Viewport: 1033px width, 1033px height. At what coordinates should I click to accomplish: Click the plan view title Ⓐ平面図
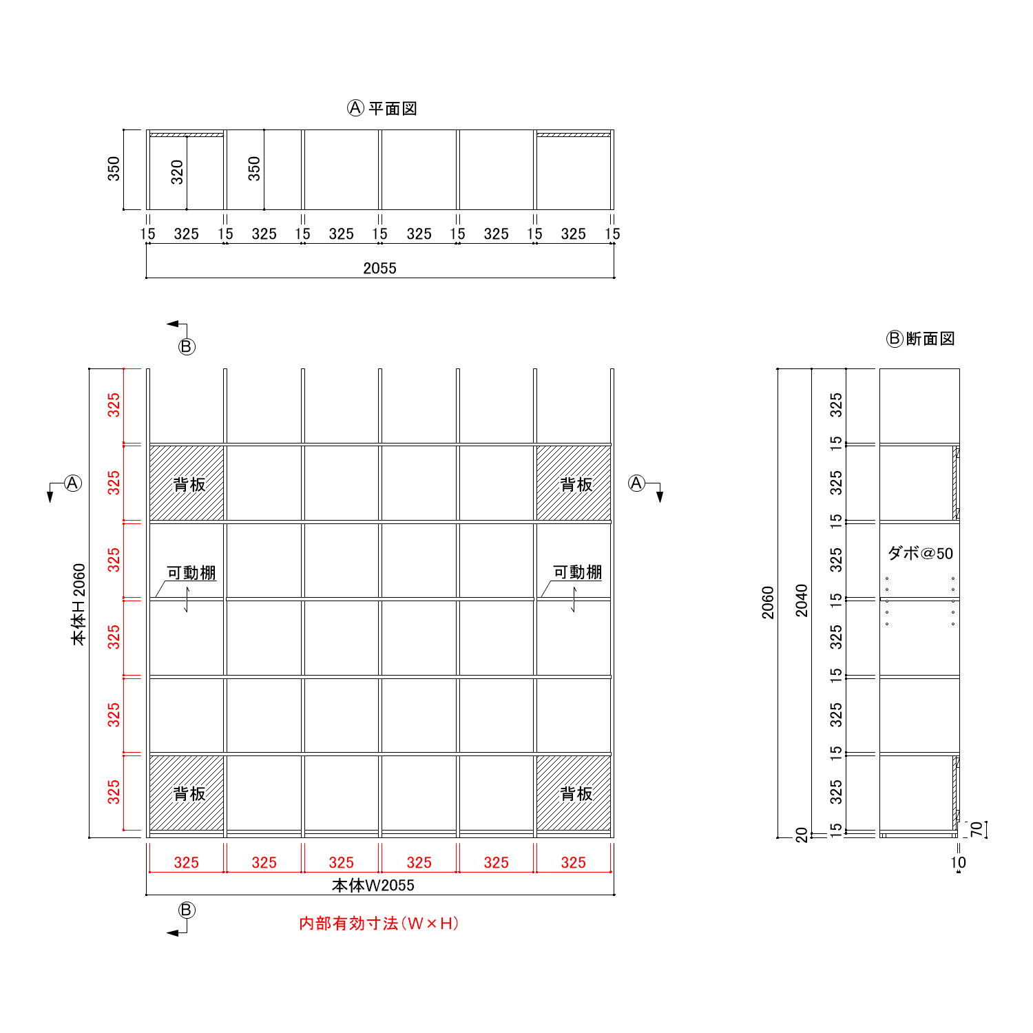point(382,108)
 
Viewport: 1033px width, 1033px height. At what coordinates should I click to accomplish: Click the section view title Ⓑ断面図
point(921,339)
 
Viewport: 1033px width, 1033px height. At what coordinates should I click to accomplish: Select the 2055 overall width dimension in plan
point(379,268)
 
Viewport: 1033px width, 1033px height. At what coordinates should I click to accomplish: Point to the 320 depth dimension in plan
point(177,171)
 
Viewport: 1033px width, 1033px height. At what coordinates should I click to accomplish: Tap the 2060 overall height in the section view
point(768,603)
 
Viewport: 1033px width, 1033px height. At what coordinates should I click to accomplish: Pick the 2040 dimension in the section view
point(802,600)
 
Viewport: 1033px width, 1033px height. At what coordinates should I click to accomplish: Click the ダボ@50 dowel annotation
point(920,553)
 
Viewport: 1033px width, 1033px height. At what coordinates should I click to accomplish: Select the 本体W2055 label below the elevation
point(373,886)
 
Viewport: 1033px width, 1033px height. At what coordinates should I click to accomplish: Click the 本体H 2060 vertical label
point(79,604)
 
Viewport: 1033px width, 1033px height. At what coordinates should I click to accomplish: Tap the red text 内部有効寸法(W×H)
point(379,924)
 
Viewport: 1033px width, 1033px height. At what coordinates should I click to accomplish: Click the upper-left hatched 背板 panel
point(187,483)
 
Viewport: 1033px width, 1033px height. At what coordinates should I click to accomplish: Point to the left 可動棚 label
point(191,573)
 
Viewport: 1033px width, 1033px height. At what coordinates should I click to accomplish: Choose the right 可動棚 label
point(577,572)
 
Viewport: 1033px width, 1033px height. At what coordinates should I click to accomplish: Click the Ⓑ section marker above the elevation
point(187,346)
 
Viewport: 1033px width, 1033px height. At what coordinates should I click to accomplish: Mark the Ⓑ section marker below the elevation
point(187,910)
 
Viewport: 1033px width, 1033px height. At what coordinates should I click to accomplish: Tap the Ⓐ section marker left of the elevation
point(72,483)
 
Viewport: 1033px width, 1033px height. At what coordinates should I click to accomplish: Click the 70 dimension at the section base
point(976,829)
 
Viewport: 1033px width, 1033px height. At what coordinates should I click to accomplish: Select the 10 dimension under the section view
point(958,862)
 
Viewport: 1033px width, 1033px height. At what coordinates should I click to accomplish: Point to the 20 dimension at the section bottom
point(802,835)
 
